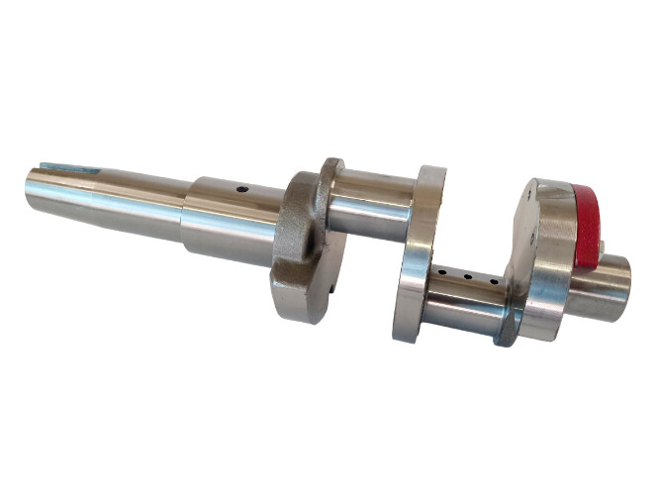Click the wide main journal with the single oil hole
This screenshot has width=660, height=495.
233,218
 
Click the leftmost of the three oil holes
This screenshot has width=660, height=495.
444,269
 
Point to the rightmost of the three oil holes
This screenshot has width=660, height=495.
492,283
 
